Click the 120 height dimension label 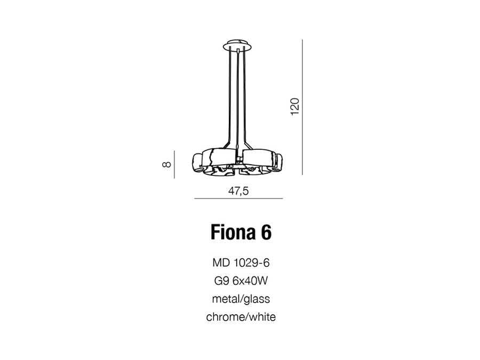coord(294,107)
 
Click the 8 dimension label coord(166,164)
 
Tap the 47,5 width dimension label coord(238,191)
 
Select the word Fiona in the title coord(233,232)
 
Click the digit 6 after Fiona coord(266,232)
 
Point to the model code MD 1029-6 coord(241,263)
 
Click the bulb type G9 coord(221,281)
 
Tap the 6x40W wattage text coord(250,281)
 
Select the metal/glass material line coord(241,299)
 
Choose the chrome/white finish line coord(241,317)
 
